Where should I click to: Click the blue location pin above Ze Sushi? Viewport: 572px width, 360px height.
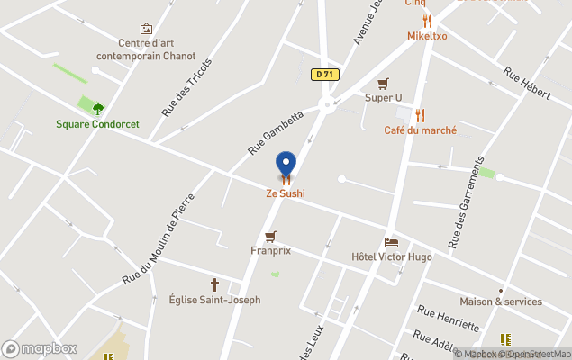(x=286, y=164)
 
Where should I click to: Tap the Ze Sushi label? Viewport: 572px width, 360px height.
(x=285, y=193)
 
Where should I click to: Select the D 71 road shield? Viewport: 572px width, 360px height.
(x=325, y=75)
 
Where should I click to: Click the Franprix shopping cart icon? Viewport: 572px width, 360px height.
(x=270, y=237)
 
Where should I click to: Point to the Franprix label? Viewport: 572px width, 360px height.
(x=270, y=252)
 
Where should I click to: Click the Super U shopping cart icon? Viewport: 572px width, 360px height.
(x=383, y=84)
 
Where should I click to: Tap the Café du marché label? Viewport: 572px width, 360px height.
(x=420, y=130)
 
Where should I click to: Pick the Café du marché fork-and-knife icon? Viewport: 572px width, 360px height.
(x=420, y=115)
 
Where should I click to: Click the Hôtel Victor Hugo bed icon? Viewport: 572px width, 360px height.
(x=391, y=242)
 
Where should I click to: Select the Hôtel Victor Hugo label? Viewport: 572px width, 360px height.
(x=391, y=257)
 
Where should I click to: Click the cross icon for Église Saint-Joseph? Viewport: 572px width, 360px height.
(x=214, y=284)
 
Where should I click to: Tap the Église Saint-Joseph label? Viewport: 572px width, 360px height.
(x=214, y=300)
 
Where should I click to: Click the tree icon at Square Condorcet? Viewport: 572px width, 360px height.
(x=98, y=109)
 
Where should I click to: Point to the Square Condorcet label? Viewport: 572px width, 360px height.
(x=97, y=124)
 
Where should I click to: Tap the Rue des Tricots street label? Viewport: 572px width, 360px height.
(x=186, y=87)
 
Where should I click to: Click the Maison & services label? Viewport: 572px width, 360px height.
(x=501, y=301)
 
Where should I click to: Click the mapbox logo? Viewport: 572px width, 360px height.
(x=40, y=348)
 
